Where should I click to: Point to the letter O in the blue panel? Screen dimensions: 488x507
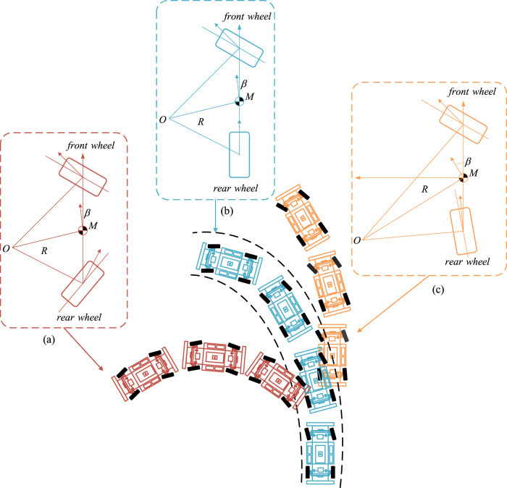point(164,117)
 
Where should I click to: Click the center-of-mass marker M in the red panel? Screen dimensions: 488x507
point(83,231)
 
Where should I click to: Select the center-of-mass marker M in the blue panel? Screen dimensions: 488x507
point(239,101)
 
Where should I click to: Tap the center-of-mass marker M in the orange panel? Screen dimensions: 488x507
point(463,177)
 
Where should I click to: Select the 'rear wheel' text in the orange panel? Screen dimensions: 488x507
point(468,261)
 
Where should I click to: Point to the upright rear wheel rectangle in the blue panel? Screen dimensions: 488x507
point(238,153)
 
